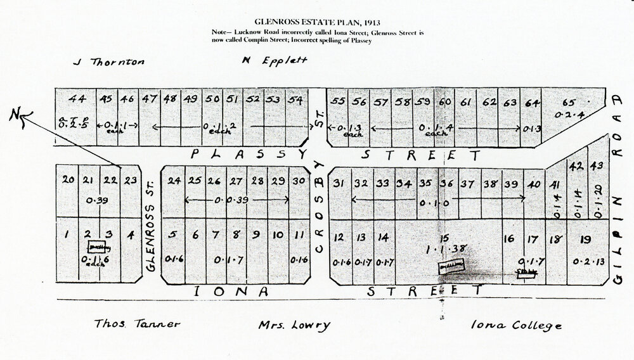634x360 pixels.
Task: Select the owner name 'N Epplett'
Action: coord(275,61)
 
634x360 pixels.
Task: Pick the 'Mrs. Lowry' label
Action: coord(294,326)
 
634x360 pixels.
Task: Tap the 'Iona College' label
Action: coord(515,326)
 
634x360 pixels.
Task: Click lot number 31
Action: coord(338,183)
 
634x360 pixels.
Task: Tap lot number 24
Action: coord(174,180)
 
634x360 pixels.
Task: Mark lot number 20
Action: coord(68,180)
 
